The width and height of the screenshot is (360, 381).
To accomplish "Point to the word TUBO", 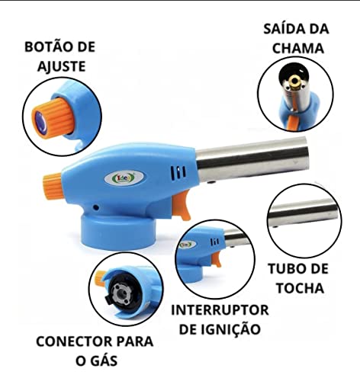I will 286,269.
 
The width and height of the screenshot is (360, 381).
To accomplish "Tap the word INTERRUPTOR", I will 219,311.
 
